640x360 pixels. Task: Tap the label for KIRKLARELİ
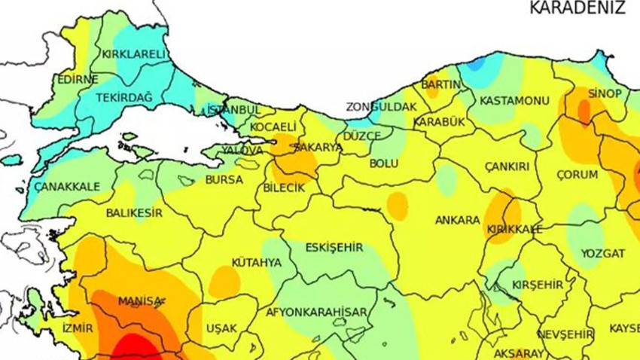(133, 54)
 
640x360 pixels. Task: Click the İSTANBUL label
(233, 110)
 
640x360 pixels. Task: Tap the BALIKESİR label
(134, 213)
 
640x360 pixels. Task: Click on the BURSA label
(224, 181)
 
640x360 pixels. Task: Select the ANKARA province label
(457, 220)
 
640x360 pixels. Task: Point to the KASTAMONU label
(514, 100)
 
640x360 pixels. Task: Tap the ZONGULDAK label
(380, 107)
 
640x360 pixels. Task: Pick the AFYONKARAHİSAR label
(316, 312)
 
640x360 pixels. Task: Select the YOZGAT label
(602, 253)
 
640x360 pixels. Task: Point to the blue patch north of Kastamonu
(476, 64)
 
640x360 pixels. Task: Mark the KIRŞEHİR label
(537, 285)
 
